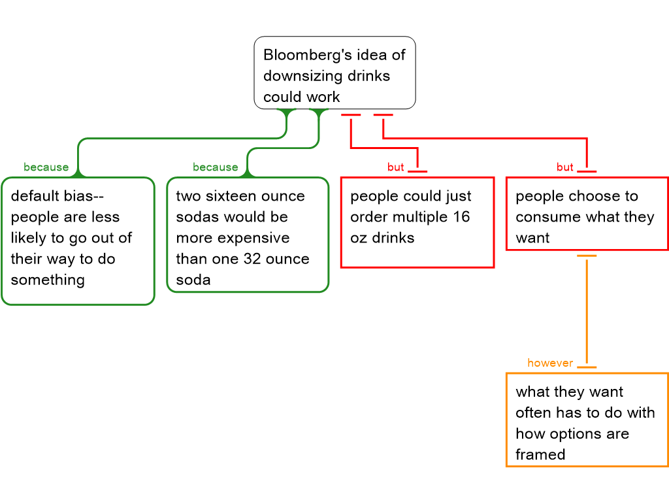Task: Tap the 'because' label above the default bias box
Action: click(x=46, y=167)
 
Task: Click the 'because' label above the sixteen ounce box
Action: click(x=215, y=167)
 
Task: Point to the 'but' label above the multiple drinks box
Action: click(x=395, y=167)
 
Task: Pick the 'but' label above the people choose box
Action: click(x=564, y=167)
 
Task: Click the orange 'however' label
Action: click(x=549, y=363)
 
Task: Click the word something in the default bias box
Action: click(x=48, y=280)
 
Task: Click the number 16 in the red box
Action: click(x=461, y=217)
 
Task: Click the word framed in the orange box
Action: click(x=540, y=455)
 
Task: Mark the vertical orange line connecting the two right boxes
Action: click(x=587, y=310)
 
